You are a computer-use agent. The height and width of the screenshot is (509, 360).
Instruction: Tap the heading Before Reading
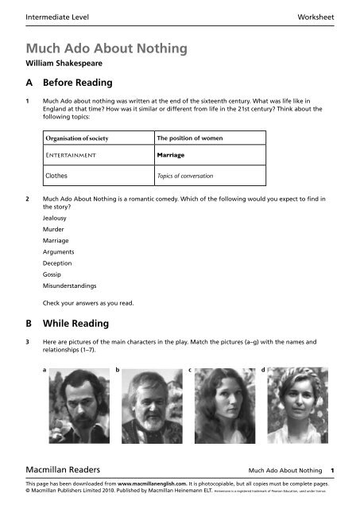tap(83, 83)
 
